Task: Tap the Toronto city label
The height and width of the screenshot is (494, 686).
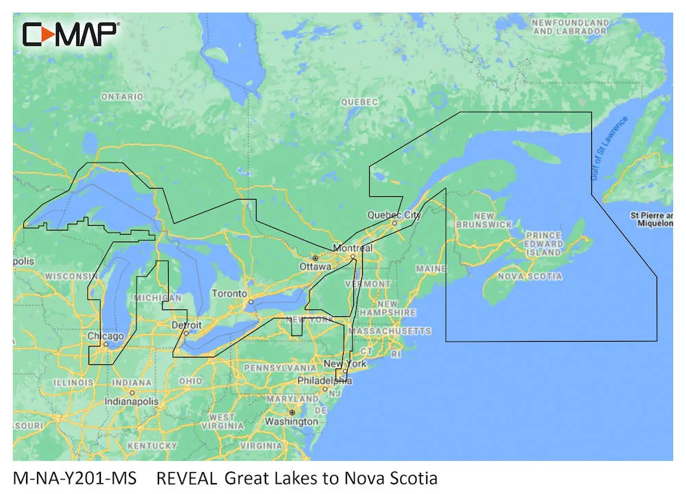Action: tap(229, 294)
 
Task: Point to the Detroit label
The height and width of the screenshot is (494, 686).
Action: tap(186, 325)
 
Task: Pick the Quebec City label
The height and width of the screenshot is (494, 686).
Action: tap(394, 215)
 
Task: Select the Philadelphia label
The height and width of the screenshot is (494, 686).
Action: tap(324, 380)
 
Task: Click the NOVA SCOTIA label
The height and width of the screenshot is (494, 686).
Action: tap(529, 277)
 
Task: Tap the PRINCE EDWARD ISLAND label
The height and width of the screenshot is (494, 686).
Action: tap(543, 244)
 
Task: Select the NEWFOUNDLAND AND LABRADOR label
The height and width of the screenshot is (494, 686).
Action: tap(570, 27)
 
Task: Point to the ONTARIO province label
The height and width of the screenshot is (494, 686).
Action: tap(122, 97)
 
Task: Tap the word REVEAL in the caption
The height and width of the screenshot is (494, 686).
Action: tap(187, 478)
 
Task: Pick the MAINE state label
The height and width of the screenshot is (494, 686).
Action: tap(430, 268)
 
